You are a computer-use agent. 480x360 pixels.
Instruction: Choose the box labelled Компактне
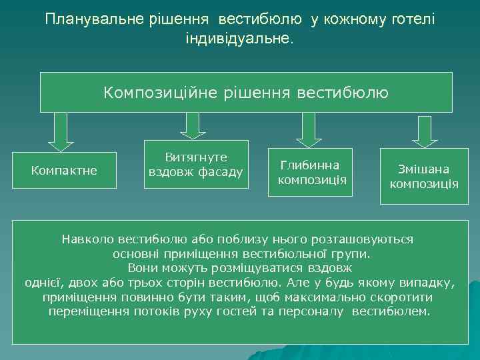(x=64, y=171)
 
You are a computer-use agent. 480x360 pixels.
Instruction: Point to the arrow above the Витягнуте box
(x=193, y=125)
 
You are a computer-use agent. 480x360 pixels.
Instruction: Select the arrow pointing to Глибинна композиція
(x=309, y=129)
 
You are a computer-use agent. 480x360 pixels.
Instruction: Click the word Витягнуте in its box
(x=196, y=157)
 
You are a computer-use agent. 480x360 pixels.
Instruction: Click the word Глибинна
(x=309, y=165)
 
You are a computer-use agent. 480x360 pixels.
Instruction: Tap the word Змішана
(x=423, y=169)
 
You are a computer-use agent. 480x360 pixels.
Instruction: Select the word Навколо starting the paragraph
(x=87, y=238)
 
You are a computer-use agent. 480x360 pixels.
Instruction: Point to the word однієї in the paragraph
(x=43, y=282)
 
